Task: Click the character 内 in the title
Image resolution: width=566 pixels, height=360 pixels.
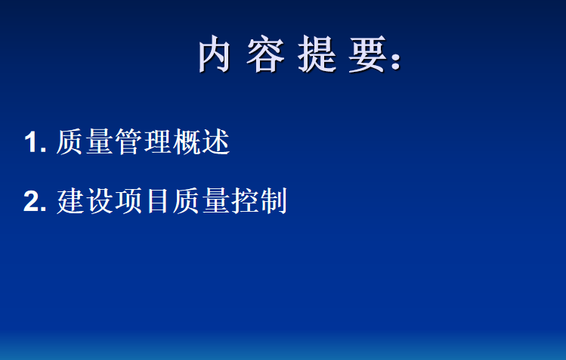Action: tap(214, 54)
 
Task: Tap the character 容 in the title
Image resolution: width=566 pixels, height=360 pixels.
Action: tap(265, 54)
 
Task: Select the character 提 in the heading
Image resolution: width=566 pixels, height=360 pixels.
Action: tap(317, 54)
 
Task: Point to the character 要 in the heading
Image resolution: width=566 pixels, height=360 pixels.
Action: tap(368, 54)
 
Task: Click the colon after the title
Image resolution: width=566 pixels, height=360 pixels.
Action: tap(396, 61)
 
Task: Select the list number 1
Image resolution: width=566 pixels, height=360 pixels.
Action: tap(35, 142)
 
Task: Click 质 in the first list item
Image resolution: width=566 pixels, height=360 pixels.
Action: tap(70, 141)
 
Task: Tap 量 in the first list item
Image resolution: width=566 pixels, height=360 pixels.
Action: tap(99, 141)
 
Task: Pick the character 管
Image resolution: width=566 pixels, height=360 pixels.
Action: tap(128, 141)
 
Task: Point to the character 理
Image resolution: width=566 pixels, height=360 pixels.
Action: tap(157, 141)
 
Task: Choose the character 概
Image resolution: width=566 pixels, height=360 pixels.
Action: tap(187, 141)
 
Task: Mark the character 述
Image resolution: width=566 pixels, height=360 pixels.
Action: tap(216, 141)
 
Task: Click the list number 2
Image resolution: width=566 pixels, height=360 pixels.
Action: tap(35, 201)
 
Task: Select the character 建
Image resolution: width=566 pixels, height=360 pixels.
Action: tap(70, 200)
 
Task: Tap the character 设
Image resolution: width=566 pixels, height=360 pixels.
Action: tap(99, 200)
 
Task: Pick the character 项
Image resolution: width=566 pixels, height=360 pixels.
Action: tap(128, 200)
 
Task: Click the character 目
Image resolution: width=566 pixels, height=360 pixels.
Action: tap(158, 200)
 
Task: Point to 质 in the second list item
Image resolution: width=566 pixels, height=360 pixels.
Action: tap(187, 200)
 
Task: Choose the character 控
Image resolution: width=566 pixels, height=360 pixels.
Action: tap(245, 200)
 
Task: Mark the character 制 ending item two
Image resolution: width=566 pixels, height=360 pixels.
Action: tap(274, 200)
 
